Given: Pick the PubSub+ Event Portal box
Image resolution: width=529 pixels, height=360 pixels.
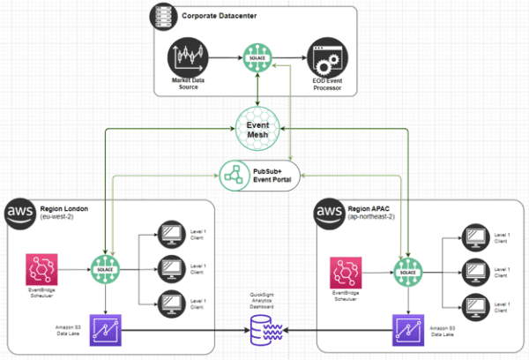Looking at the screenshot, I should (x=257, y=171).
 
